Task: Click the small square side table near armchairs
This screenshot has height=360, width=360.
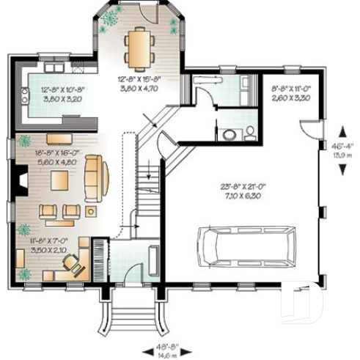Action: pos(91,211)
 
